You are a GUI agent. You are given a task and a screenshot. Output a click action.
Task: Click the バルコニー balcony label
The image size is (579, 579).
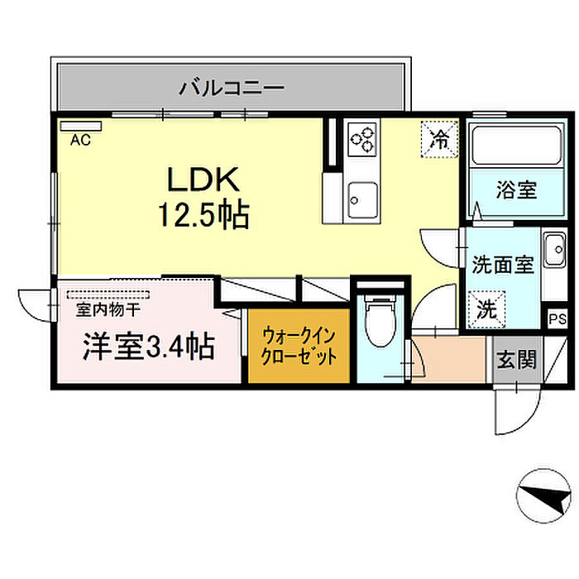(x=232, y=86)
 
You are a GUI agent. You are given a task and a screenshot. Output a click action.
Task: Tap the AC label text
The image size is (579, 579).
(x=79, y=141)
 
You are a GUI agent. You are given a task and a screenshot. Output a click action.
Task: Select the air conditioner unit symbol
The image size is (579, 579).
(x=79, y=127)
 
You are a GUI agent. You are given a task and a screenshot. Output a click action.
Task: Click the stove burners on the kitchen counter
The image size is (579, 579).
(x=361, y=138)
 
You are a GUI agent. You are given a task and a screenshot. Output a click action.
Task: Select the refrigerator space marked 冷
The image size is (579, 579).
(x=439, y=137)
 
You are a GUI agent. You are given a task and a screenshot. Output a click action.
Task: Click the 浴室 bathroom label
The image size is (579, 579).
(x=516, y=190)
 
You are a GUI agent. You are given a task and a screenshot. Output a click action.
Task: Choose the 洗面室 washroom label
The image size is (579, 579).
(x=503, y=266)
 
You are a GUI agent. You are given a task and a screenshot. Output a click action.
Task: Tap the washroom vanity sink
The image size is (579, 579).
(x=553, y=249)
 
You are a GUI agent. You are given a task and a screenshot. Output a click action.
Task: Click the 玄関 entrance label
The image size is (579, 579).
(x=517, y=360)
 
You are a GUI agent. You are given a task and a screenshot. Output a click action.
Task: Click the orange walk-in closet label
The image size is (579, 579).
(x=299, y=347)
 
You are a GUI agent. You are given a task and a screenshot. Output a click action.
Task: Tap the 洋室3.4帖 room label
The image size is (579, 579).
(x=147, y=347)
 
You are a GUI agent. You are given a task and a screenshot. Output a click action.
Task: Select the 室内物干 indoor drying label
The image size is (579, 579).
(x=108, y=312)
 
